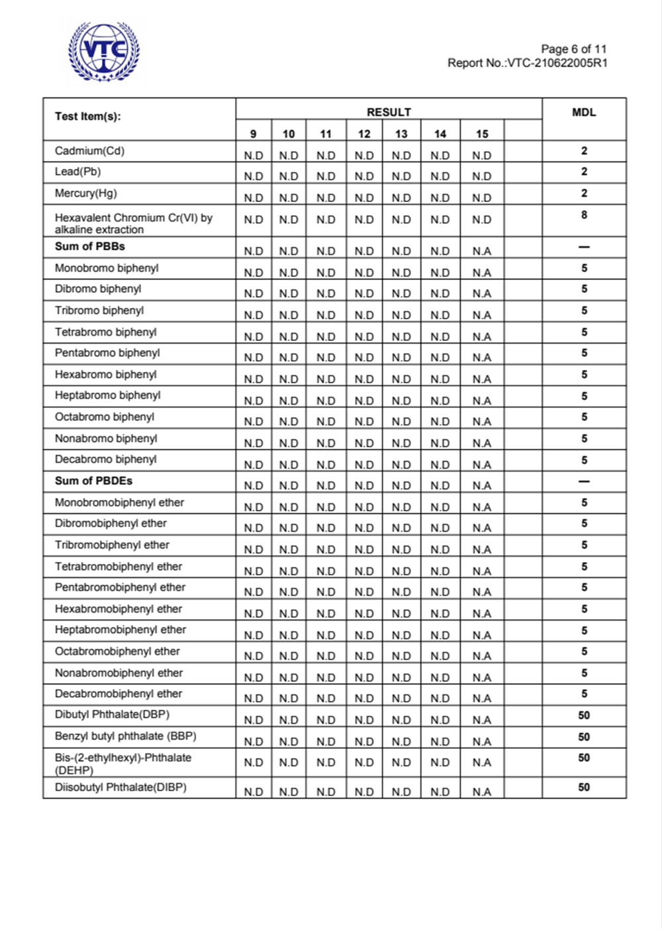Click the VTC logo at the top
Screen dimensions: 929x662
104,52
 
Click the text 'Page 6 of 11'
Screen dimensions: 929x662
573,49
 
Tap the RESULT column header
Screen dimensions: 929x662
389,112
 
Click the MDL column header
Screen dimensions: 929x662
584,113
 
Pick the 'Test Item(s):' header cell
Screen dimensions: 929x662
88,117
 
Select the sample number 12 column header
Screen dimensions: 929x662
364,134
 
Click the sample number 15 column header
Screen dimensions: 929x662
482,134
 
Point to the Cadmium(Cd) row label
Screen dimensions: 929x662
89,151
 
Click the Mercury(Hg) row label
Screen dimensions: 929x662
85,193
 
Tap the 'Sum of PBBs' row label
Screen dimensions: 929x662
89,246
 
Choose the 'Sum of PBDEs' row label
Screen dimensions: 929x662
93,481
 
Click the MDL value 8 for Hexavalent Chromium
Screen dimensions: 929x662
584,215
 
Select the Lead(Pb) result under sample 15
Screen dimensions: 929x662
482,176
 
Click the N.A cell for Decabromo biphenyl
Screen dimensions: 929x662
482,464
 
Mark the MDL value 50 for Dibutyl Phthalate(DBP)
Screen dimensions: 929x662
584,715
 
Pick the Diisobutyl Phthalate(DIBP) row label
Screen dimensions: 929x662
120,787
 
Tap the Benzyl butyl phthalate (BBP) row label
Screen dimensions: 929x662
125,736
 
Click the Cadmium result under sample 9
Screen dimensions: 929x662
254,156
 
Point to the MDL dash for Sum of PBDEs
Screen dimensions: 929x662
584,481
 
